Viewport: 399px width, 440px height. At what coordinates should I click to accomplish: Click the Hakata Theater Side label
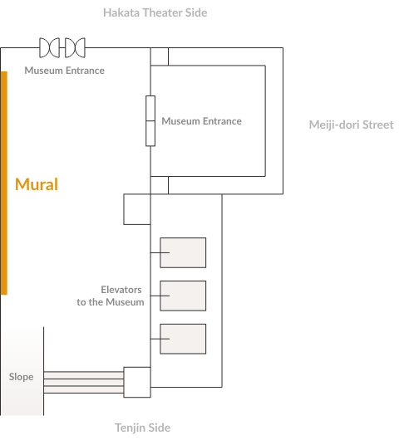point(155,12)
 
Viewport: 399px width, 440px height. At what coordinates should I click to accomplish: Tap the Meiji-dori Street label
point(352,125)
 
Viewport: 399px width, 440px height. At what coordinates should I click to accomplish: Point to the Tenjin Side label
point(143,428)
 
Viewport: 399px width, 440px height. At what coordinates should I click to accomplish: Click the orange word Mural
point(37,184)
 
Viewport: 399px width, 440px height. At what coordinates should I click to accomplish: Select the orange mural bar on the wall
point(4,183)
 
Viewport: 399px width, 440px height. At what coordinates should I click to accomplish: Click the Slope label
point(21,377)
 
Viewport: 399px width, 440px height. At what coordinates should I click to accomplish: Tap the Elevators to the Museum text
point(111,296)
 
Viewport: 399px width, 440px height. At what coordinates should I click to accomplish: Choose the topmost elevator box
point(183,253)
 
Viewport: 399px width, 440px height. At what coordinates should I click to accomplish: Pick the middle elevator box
point(183,296)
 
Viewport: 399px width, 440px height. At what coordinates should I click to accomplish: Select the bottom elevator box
point(183,339)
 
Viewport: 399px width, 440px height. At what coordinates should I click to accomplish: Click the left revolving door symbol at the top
point(49,47)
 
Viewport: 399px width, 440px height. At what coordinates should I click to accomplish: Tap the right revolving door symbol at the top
point(75,47)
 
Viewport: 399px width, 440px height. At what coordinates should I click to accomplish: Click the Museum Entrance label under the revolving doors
point(64,71)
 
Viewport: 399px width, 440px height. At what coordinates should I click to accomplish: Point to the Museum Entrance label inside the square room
point(201,121)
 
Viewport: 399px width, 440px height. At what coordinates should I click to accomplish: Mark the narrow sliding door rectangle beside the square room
point(150,121)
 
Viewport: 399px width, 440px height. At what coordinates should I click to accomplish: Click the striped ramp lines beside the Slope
point(84,382)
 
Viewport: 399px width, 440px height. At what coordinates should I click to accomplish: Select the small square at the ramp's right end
point(137,382)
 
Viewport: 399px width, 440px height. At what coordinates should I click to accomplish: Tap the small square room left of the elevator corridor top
point(137,209)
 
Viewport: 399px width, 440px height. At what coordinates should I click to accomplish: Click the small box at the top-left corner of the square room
point(160,56)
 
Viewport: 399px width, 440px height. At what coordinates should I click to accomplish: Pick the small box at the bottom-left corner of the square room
point(160,185)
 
